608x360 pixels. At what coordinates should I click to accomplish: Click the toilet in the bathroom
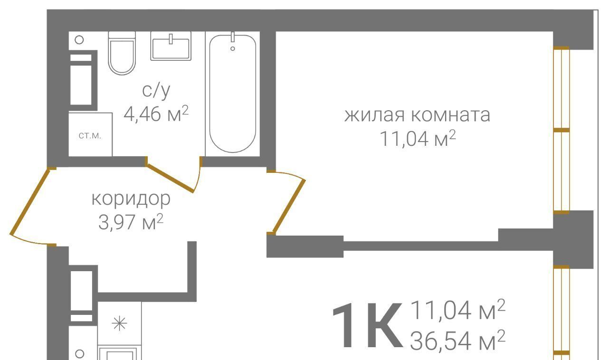(x=122, y=53)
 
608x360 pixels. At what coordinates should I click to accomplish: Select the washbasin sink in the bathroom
(x=171, y=46)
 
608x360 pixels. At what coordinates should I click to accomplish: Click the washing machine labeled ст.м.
(x=90, y=135)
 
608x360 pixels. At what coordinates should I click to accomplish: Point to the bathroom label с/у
(x=156, y=91)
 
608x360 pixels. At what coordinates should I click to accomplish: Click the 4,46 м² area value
(x=156, y=114)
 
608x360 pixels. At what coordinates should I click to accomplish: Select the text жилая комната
(x=417, y=115)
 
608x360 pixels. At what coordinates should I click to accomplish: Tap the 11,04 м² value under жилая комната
(x=418, y=139)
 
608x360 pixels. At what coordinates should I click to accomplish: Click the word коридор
(x=131, y=199)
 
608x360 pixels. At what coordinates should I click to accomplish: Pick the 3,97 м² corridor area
(x=131, y=222)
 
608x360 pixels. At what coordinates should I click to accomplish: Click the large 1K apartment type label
(x=367, y=325)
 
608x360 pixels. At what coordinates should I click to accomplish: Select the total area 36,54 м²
(x=457, y=341)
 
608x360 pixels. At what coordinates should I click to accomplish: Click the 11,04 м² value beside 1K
(x=458, y=310)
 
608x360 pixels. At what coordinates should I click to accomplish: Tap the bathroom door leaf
(x=170, y=178)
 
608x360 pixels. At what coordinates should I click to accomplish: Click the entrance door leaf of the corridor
(x=30, y=201)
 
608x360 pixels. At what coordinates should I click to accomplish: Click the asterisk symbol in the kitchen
(x=119, y=323)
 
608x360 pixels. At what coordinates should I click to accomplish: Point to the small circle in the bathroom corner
(x=79, y=40)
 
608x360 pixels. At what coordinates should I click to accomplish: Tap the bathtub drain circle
(x=233, y=48)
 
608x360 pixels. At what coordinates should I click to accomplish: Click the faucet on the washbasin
(x=171, y=39)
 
